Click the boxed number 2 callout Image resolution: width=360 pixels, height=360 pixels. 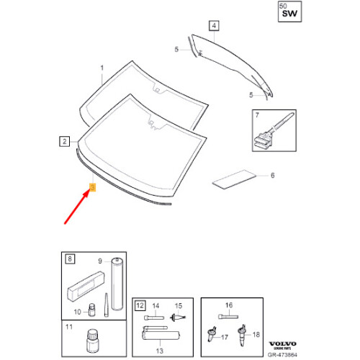[64, 143]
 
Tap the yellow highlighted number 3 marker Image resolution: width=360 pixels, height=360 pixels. [91, 189]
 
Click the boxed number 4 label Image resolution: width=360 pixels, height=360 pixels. [213, 26]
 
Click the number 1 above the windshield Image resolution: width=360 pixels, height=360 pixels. [102, 70]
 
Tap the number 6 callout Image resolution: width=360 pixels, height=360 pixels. [272, 174]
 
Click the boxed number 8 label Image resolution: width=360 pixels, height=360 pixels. [69, 257]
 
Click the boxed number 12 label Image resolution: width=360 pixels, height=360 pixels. [140, 306]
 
